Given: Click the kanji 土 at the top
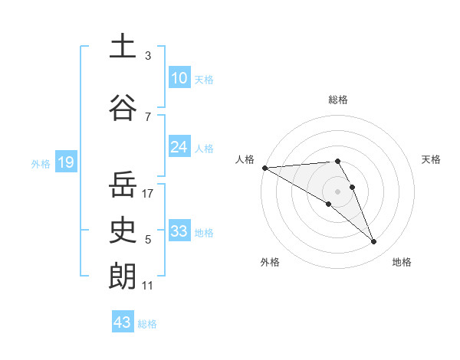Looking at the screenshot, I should [x=123, y=45].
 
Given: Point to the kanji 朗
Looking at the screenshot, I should [x=123, y=276].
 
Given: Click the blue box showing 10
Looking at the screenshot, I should [x=179, y=78].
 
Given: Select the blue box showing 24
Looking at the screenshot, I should [x=179, y=147].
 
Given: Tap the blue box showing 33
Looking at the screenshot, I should [x=179, y=231].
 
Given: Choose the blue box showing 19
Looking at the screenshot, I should [x=65, y=162].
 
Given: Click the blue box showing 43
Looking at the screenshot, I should [x=122, y=322].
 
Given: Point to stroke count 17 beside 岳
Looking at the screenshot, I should [x=148, y=194].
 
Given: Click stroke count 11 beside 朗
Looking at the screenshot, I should [x=148, y=286].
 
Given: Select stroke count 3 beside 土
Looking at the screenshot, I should [x=148, y=56].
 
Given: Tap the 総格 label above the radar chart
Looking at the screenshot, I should [x=338, y=100].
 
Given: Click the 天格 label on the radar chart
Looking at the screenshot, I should [x=432, y=159].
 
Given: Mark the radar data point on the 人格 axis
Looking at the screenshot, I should [x=264, y=167].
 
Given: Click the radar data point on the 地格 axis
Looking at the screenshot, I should [x=373, y=242].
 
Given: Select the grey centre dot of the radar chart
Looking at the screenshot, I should [x=338, y=191].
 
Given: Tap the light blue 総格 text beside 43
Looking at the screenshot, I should [x=148, y=324].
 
